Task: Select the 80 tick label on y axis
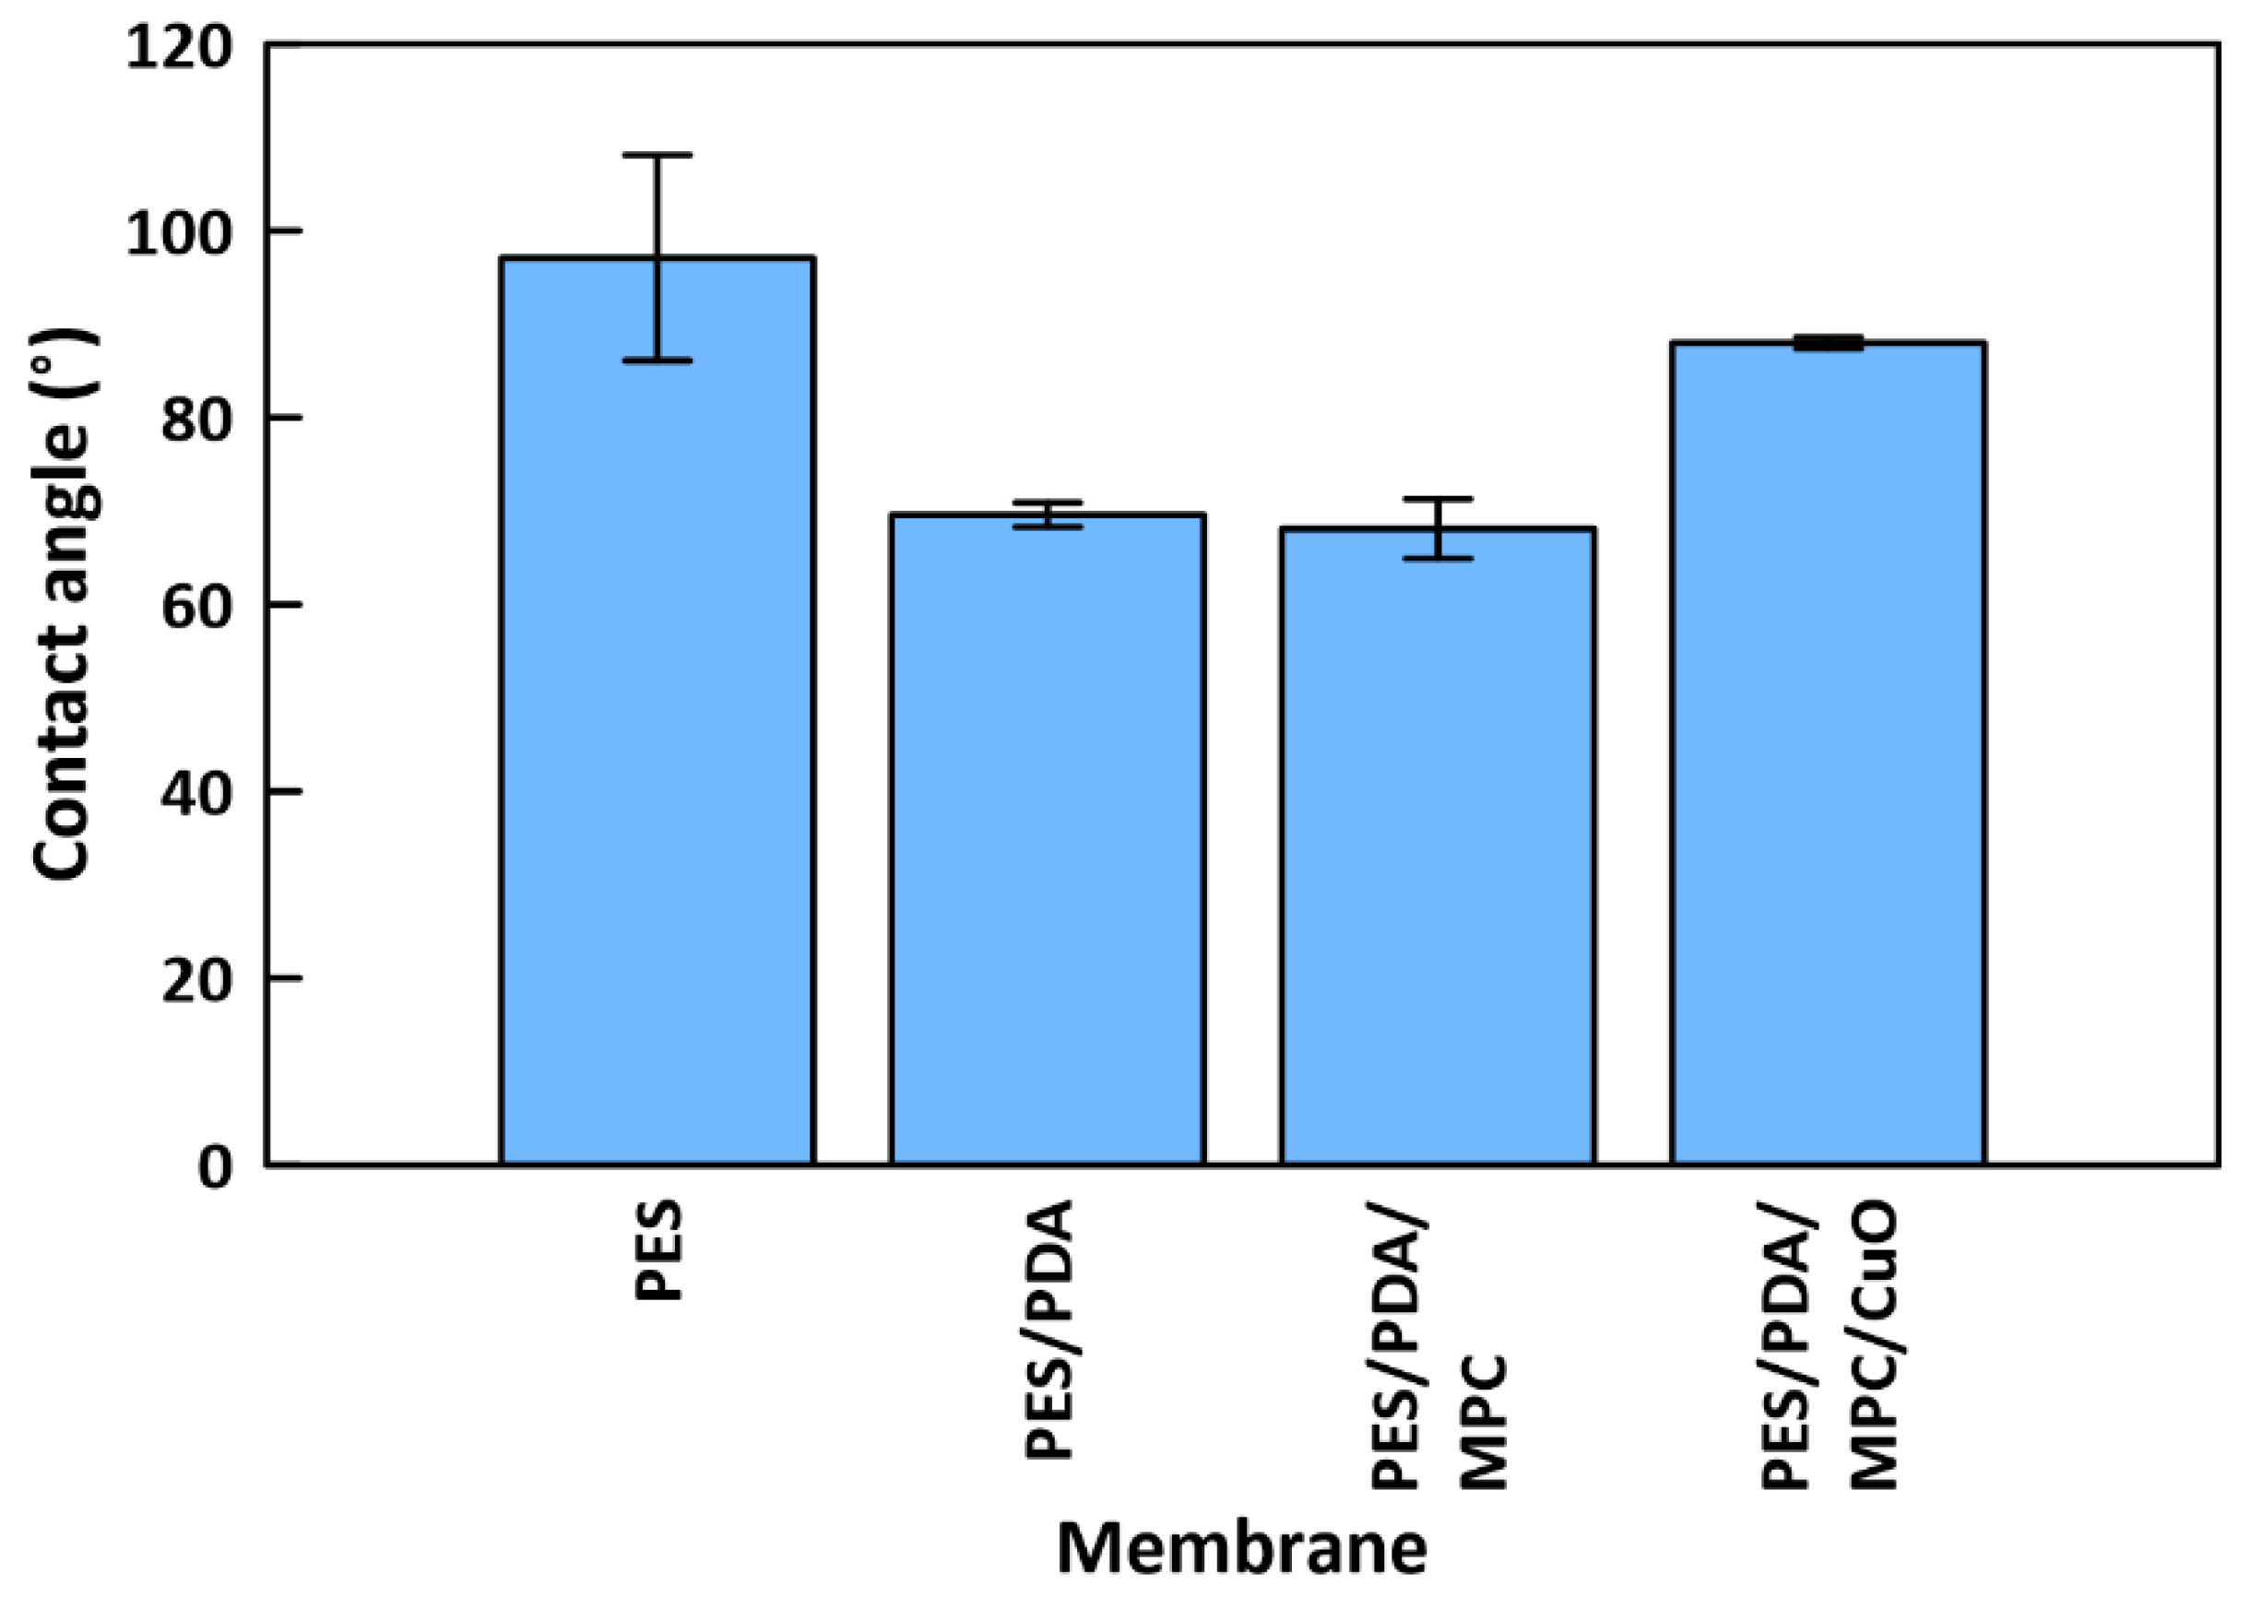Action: tap(196, 420)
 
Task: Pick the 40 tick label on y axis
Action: tap(196, 793)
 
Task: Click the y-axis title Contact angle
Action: tap(63, 605)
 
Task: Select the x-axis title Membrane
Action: tap(1241, 1548)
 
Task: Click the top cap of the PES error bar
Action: tap(657, 156)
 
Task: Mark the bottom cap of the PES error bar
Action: tap(657, 361)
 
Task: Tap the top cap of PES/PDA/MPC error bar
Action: tap(1438, 500)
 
